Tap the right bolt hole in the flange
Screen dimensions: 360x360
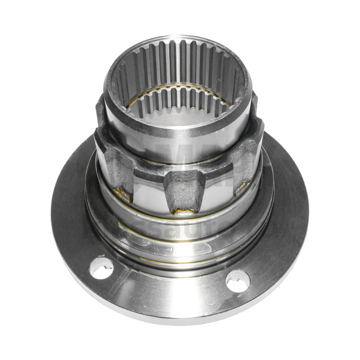pyautogui.click(x=238, y=281)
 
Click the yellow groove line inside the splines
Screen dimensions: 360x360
pyautogui.click(x=180, y=86)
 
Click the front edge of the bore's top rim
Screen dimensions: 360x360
pyautogui.click(x=180, y=130)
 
